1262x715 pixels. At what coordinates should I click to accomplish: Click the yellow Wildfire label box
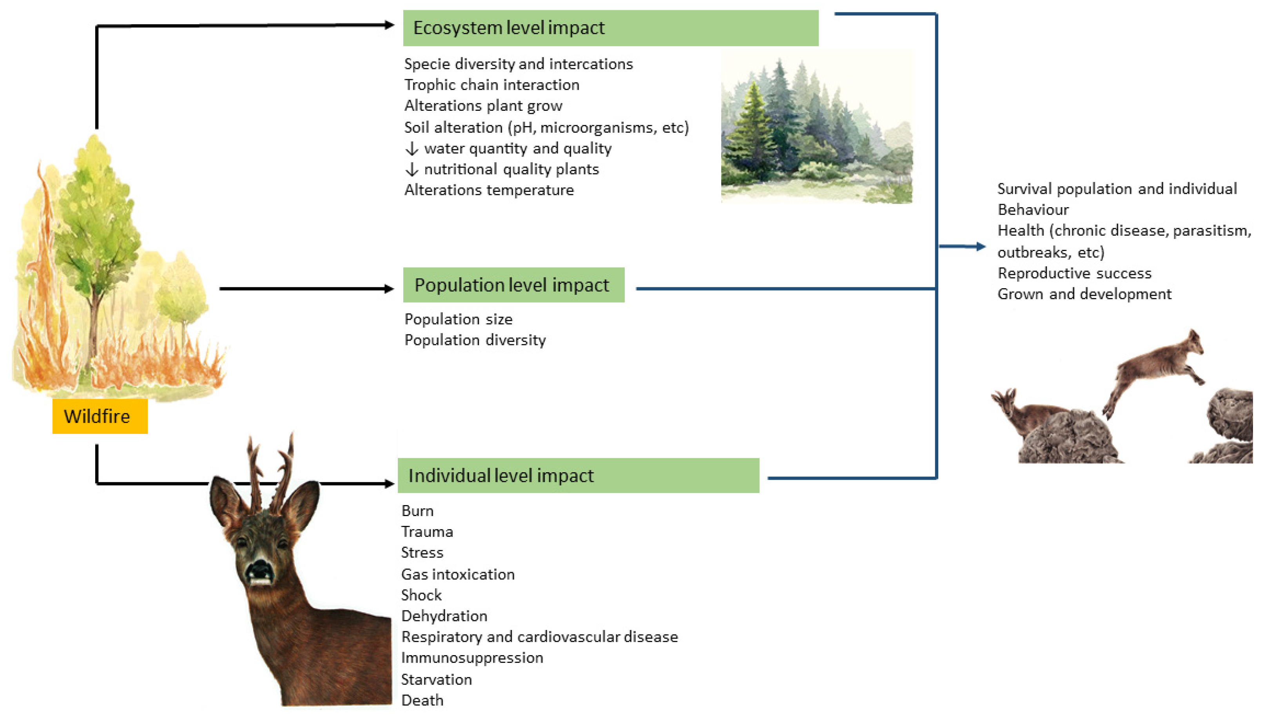coord(100,416)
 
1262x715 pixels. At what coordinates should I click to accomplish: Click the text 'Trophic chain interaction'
coord(491,85)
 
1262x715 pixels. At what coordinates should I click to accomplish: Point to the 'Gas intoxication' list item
coord(457,574)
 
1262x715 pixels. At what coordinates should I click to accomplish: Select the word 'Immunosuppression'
coord(472,657)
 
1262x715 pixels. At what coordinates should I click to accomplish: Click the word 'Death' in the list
coord(422,700)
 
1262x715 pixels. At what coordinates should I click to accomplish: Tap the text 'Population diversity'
coord(475,340)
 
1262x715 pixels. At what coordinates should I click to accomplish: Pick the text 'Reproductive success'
coord(1074,273)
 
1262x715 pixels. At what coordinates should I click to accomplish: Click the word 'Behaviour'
coord(1033,210)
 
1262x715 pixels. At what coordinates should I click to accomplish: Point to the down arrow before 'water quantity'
coord(412,148)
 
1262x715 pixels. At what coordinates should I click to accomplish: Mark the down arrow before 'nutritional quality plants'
coord(412,170)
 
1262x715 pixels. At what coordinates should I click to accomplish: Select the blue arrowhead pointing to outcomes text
coord(981,247)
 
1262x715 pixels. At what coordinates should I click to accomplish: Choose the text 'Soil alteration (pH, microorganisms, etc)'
coord(546,128)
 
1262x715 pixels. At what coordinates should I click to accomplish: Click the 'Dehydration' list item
coord(444,616)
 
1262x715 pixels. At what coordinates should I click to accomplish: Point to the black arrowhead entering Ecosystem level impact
coord(389,25)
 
